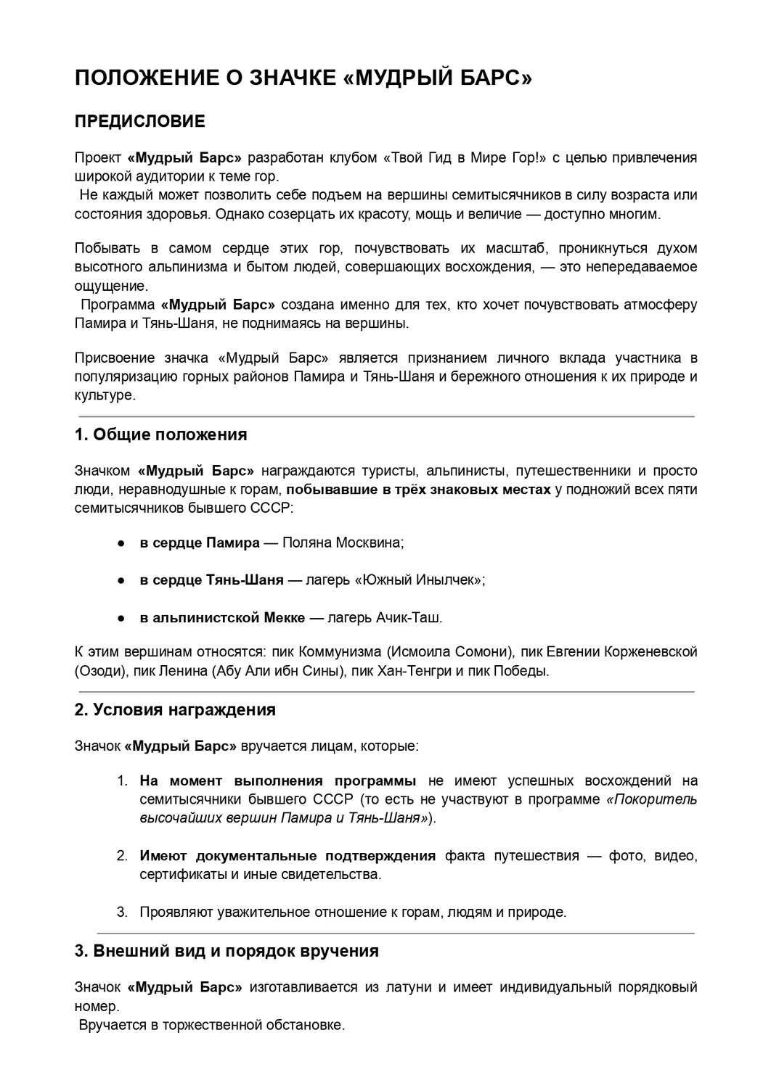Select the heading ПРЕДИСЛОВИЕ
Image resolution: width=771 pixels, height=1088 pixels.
tap(140, 121)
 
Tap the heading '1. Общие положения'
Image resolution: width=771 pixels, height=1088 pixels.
tap(160, 434)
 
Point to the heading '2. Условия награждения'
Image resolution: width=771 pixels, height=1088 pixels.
tap(175, 709)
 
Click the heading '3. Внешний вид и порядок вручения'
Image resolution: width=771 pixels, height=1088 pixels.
tap(227, 951)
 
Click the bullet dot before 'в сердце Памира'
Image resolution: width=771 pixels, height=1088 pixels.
tap(123, 543)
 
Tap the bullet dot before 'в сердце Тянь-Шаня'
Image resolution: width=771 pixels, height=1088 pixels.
tap(123, 580)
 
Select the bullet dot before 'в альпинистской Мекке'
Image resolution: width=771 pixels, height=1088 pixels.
tap(123, 618)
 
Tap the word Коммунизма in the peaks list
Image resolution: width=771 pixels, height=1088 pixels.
tap(340, 651)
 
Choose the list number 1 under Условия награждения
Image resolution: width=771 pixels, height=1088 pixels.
tap(123, 781)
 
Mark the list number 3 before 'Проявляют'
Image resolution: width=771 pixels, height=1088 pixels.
tap(122, 912)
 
